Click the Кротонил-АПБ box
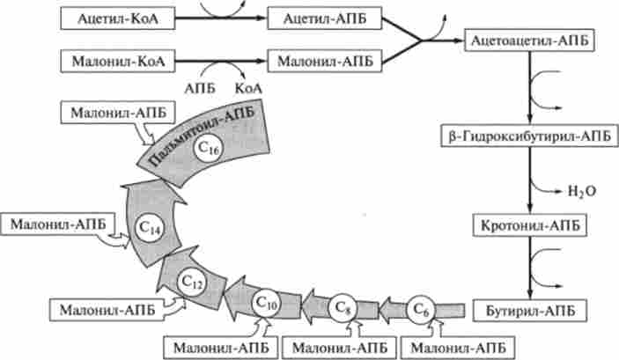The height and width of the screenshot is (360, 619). [527, 224]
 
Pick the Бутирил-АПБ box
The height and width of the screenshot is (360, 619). [527, 310]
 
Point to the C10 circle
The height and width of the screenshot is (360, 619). [268, 303]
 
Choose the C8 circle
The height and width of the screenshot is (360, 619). [344, 308]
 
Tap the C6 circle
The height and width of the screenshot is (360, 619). [422, 308]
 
